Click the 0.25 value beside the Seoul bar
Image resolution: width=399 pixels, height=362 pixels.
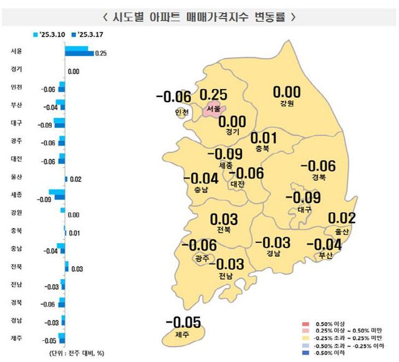tap(102, 54)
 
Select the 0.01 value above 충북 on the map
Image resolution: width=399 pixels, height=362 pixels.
tap(263, 138)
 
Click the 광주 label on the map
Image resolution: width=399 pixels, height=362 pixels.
tap(201, 257)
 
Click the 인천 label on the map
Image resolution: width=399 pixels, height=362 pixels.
tap(181, 112)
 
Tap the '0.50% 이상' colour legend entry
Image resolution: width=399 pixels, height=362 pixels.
tap(331, 325)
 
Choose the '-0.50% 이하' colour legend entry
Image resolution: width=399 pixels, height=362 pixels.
tap(331, 352)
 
